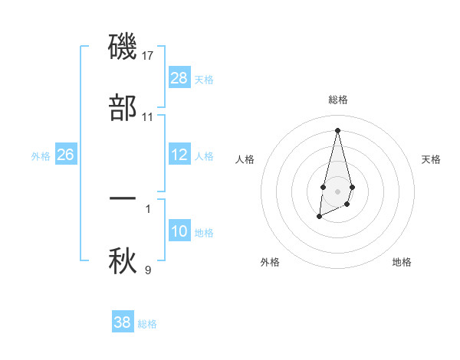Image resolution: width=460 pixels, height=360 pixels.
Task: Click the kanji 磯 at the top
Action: point(123,47)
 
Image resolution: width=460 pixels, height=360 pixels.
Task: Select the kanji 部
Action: point(123,107)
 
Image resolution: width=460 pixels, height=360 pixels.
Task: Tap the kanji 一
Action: point(123,198)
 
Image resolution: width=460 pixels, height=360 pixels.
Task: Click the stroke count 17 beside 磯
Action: point(149,56)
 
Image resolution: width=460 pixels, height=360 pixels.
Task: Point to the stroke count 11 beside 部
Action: point(148,117)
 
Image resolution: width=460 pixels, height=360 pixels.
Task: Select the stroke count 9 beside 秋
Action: point(148,270)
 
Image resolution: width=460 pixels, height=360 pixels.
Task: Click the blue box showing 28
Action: point(179,78)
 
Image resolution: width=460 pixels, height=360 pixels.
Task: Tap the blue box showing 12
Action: point(179,155)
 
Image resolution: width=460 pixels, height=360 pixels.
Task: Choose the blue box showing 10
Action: point(179,231)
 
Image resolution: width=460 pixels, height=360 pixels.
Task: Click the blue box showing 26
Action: point(65,155)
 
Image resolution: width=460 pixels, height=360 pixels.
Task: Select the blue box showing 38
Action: point(123,322)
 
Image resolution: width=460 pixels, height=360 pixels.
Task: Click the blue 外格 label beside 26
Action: point(41,156)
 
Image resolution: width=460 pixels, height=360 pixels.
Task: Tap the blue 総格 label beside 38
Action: point(147,324)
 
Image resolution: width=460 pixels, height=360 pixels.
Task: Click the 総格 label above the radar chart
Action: point(337,100)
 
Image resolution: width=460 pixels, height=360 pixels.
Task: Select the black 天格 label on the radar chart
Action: point(431,159)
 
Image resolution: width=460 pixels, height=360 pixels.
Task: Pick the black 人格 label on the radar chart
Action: point(245,159)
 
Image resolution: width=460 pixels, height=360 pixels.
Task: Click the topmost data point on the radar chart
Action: point(337,129)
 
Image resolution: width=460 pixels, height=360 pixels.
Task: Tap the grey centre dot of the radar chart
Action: point(337,190)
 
